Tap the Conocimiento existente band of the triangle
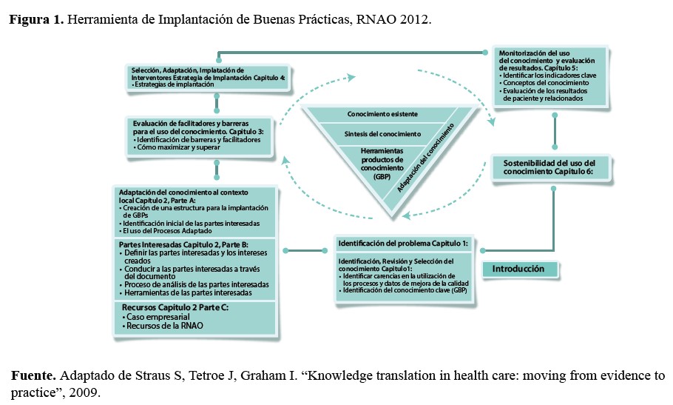382,114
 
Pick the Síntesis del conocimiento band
382,134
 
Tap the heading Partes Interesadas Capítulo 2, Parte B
183,244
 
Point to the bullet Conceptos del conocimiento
538,83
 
